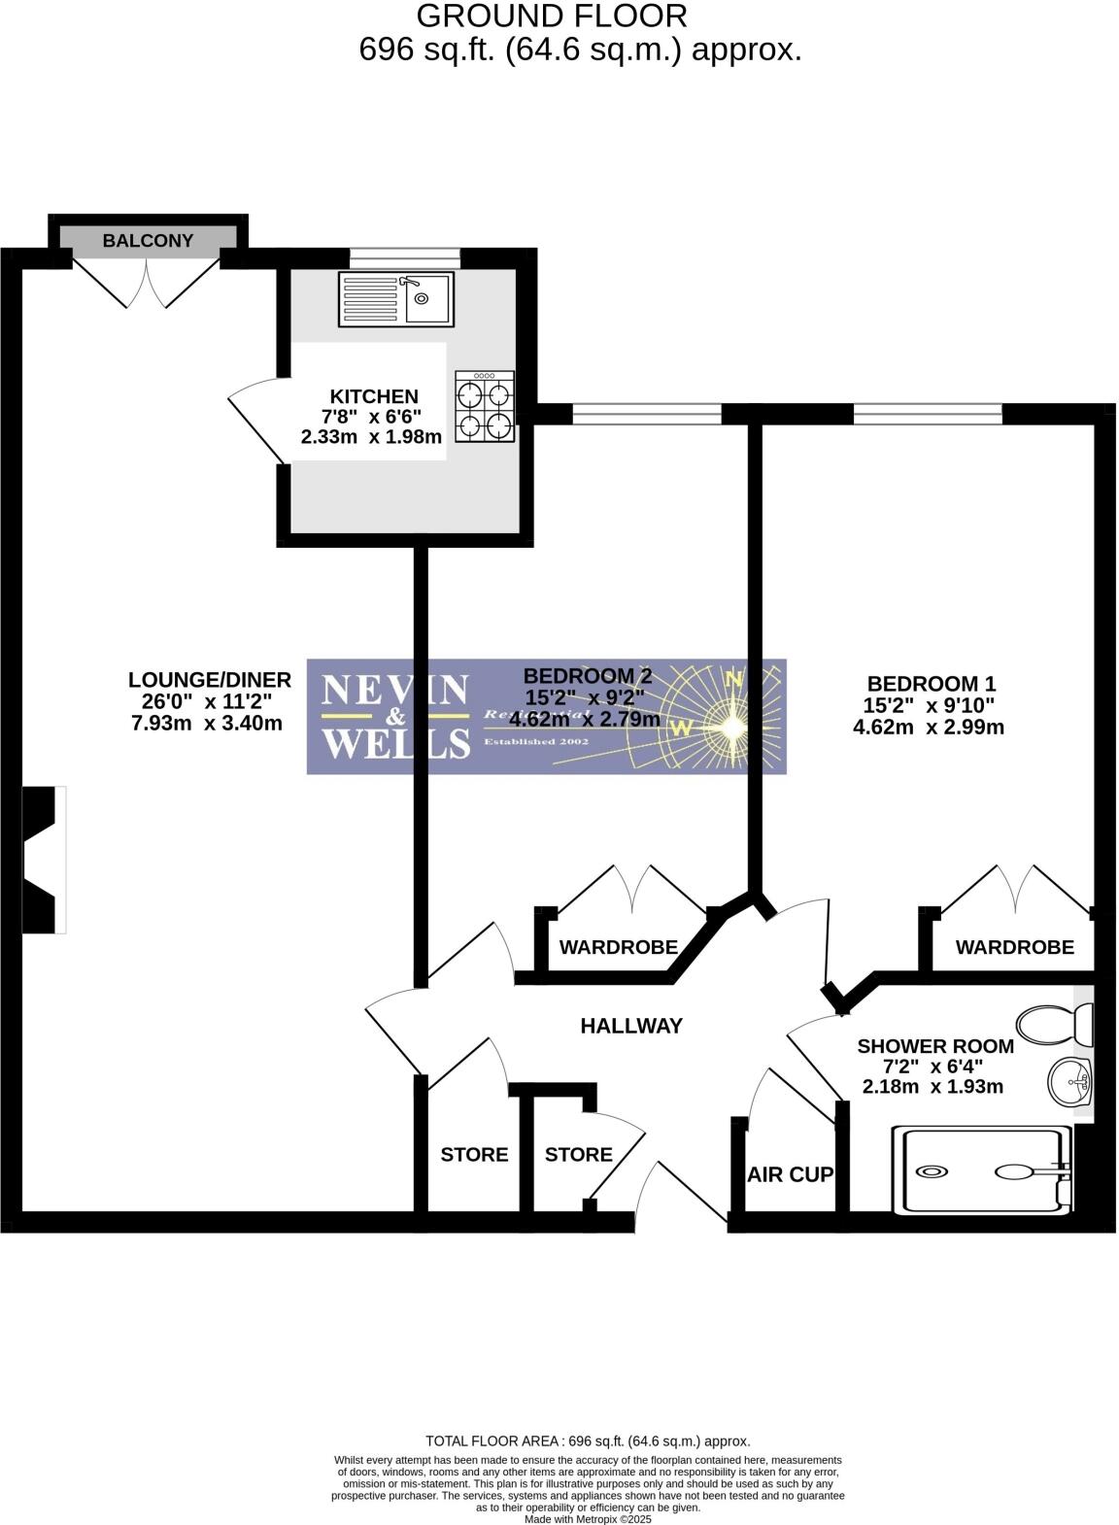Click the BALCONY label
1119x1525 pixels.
(x=148, y=241)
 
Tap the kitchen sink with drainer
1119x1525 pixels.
(x=395, y=298)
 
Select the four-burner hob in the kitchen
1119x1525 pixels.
(x=485, y=408)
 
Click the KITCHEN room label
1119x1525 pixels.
(x=374, y=396)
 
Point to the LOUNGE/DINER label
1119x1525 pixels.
(x=210, y=680)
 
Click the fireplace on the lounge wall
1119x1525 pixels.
(x=44, y=860)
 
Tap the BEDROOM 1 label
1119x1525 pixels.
(x=931, y=684)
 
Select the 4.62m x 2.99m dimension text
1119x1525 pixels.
(x=928, y=727)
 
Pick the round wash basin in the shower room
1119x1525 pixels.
(x=1069, y=1079)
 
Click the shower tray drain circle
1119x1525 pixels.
(x=932, y=1171)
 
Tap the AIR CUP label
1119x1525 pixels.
(x=790, y=1174)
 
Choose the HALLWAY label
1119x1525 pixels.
(x=631, y=1026)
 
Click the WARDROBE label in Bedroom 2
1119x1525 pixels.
(x=618, y=947)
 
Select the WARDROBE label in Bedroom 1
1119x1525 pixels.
(x=1014, y=947)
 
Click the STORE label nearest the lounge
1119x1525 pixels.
(x=474, y=1154)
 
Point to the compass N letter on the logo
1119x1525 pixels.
(x=735, y=679)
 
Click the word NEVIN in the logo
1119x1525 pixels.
(x=394, y=691)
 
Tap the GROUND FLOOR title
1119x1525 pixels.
(x=552, y=16)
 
